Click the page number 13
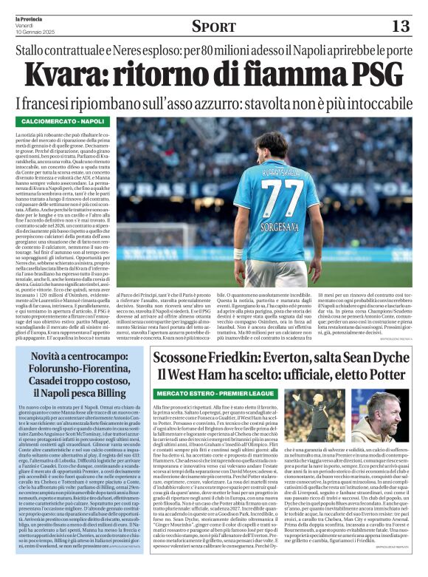click(x=399, y=26)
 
